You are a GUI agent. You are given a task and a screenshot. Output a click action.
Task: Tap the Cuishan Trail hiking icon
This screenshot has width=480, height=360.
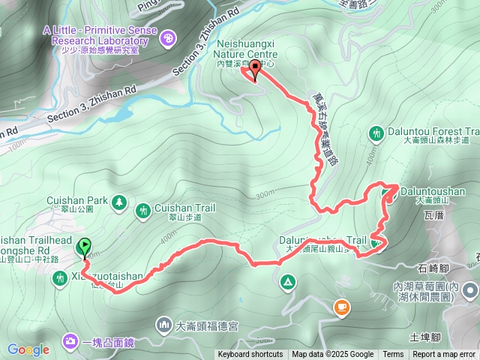point(143,213)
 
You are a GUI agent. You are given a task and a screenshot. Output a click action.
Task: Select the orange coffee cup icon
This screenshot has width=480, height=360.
point(341,306)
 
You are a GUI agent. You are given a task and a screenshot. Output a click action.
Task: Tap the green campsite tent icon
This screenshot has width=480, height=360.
point(287,283)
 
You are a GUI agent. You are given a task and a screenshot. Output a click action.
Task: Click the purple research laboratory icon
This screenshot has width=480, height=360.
point(168,35)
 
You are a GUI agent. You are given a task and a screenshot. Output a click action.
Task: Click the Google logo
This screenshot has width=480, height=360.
point(28,349)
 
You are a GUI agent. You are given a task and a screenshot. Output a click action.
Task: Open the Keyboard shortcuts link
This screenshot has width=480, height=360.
point(250,355)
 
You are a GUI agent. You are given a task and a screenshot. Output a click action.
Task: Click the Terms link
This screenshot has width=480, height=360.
point(393,355)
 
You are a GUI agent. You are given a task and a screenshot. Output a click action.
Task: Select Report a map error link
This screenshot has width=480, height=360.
point(445,355)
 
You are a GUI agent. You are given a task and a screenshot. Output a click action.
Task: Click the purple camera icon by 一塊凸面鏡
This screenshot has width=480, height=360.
point(70,342)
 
